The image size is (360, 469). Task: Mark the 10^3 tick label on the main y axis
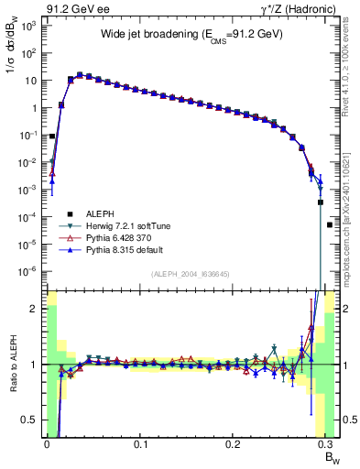(27, 26)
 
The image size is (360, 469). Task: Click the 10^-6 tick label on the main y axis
(27, 271)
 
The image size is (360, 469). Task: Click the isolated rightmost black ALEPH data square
(330, 224)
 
